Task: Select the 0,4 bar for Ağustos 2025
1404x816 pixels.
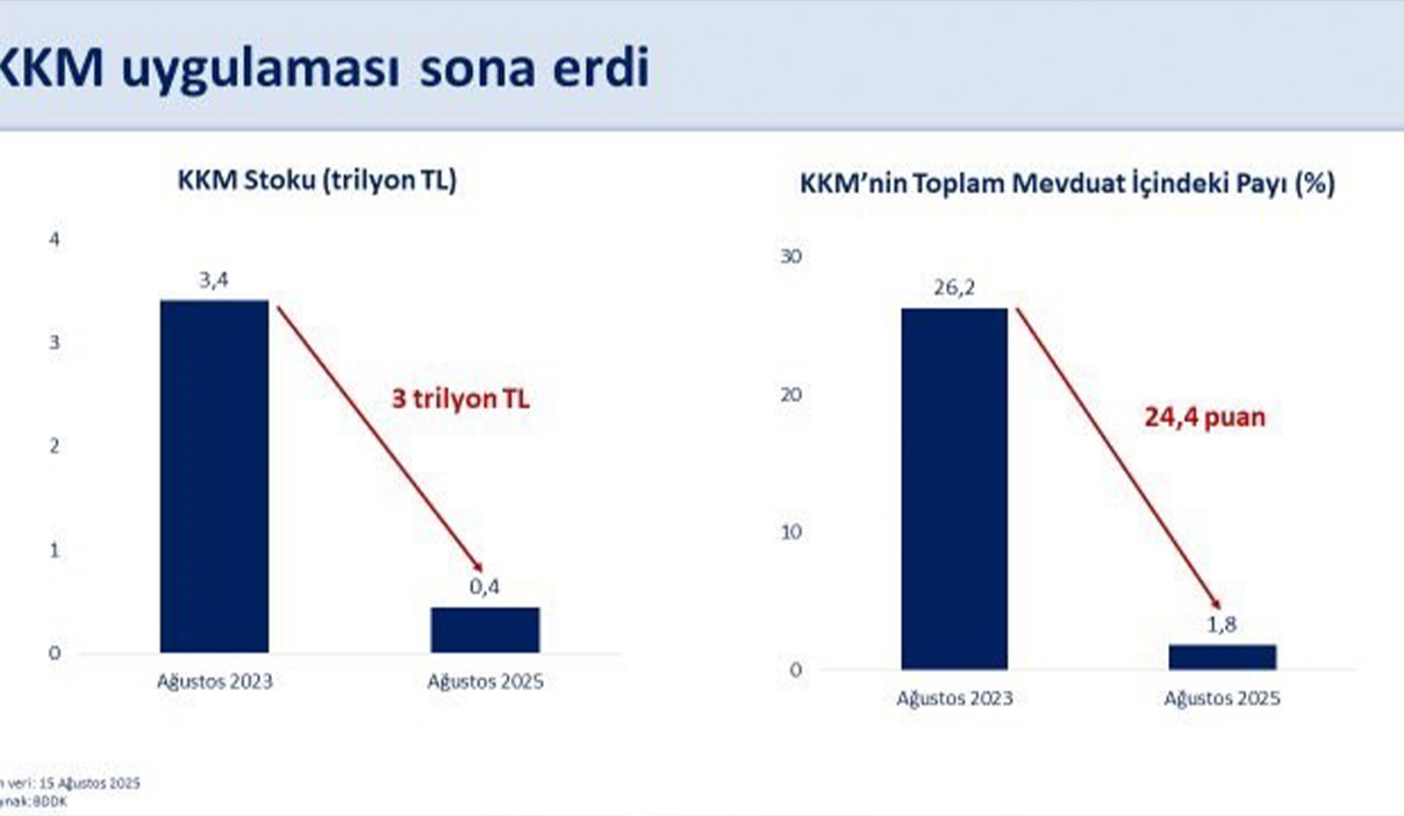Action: click(484, 629)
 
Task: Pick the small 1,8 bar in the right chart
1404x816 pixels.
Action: click(1221, 656)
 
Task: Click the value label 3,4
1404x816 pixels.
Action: click(213, 280)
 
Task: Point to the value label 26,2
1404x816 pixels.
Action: click(954, 288)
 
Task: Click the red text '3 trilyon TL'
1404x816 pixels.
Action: click(460, 399)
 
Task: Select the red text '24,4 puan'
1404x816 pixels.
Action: click(1204, 417)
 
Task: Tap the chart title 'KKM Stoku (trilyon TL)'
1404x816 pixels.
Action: click(317, 180)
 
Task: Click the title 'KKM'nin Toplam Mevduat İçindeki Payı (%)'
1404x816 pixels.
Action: click(1066, 183)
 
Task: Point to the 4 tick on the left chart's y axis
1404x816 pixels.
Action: click(54, 239)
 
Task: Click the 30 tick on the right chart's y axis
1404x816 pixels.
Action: click(791, 256)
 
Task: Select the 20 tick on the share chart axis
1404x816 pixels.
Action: click(791, 395)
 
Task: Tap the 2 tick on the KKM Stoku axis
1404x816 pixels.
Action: click(54, 446)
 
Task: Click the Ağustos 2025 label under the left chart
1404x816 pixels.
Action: click(484, 682)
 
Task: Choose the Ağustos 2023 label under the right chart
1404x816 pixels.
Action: click(954, 698)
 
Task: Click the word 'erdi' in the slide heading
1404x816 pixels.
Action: click(601, 67)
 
